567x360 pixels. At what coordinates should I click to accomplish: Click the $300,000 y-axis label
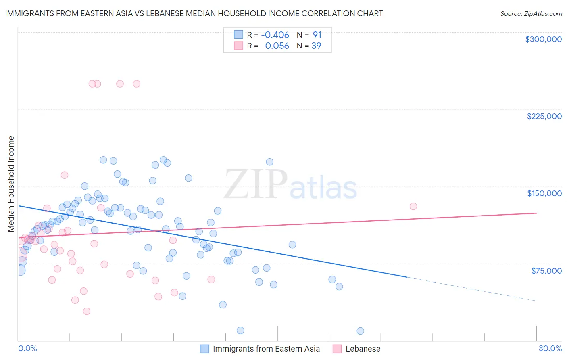pos(543,39)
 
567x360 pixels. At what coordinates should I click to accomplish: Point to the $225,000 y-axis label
pos(544,116)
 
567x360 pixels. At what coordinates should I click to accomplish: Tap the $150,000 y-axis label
pos(544,193)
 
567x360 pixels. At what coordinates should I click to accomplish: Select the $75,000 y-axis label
pos(546,271)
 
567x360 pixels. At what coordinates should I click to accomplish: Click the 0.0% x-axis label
pos(27,348)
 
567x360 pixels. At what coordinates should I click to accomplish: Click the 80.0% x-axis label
pos(550,348)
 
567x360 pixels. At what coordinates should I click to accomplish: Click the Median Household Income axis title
pos(11,184)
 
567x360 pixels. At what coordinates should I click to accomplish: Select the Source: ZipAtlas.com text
pos(531,14)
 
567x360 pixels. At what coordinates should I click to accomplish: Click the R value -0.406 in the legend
pos(275,35)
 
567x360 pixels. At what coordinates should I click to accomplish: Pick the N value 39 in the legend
pos(316,46)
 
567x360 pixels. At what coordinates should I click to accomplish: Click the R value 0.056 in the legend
pos(277,46)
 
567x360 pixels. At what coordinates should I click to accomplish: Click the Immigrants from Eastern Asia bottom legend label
pos(266,349)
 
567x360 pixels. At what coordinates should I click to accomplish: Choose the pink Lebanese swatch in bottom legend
pos(337,349)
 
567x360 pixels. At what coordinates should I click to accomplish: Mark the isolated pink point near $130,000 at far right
pos(413,206)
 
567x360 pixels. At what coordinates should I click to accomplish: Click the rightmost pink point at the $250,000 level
pos(136,84)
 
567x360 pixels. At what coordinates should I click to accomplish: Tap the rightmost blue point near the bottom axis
pos(360,331)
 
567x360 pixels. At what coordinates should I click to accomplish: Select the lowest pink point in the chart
pos(86,311)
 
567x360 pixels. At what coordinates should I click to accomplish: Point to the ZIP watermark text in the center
pos(256,184)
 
